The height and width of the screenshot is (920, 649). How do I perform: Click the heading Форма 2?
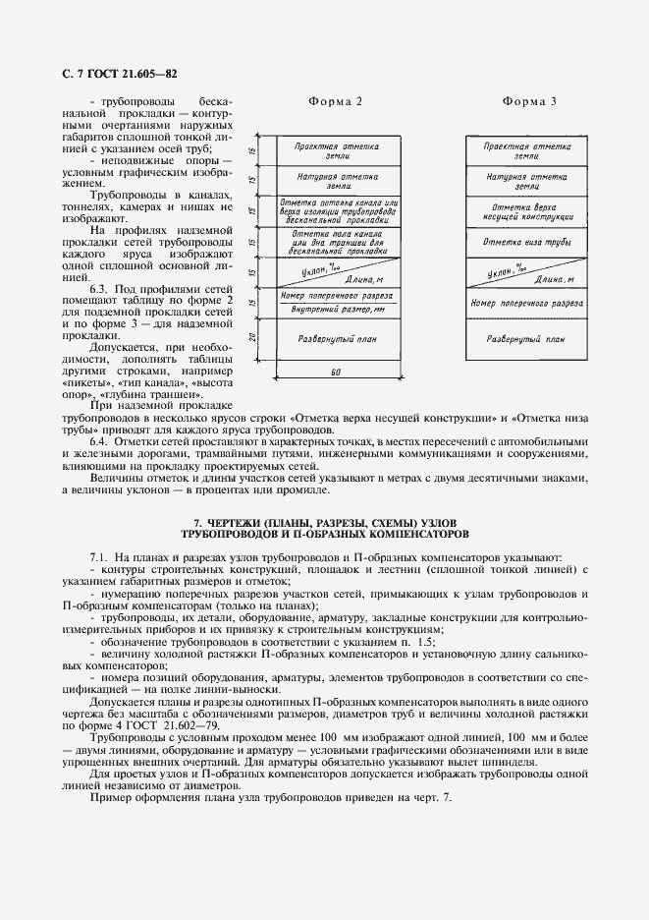coord(336,101)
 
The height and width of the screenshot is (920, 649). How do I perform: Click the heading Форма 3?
coord(529,101)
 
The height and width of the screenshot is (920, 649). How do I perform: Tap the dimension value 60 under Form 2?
coord(336,373)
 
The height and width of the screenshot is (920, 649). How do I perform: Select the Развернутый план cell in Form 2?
coord(336,338)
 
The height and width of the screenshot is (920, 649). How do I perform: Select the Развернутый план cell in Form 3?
coord(527,338)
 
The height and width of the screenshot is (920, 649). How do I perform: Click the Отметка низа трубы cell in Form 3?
coord(527,241)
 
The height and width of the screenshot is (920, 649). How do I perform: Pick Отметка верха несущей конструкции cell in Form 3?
coord(527,211)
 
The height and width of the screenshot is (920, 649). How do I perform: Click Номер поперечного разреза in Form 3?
coord(527,303)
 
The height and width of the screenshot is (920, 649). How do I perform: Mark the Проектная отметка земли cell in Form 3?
coord(527,150)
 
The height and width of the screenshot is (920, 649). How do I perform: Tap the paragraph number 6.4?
coord(100,441)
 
